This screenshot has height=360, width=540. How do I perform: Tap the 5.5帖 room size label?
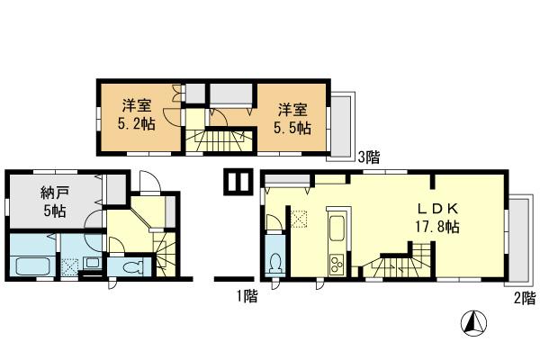[x=293, y=128]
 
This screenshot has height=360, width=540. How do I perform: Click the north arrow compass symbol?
[x=475, y=322]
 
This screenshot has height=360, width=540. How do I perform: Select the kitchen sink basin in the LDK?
[x=337, y=229]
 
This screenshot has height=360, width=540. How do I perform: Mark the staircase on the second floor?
[x=397, y=266]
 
